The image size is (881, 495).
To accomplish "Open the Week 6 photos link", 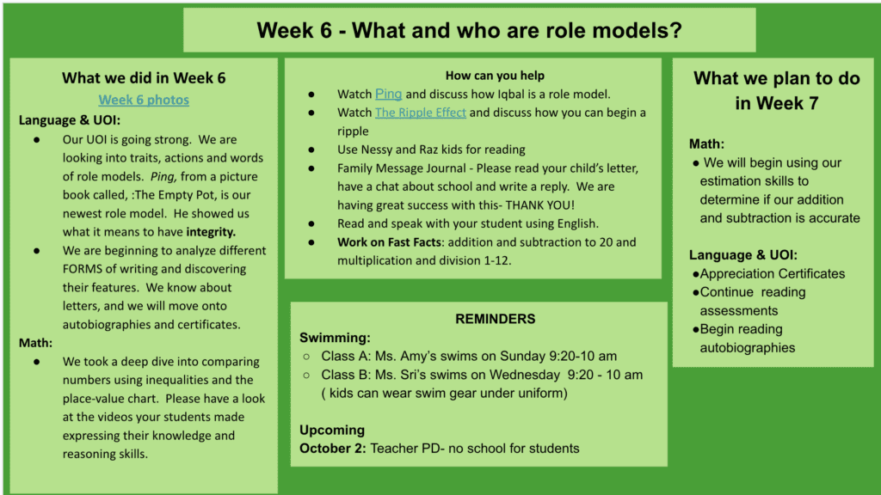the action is pos(144,100).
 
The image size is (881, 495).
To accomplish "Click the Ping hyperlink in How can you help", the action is pos(388,94).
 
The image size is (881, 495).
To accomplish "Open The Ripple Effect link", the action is pos(420,113).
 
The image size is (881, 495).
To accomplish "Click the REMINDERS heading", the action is pos(495,319).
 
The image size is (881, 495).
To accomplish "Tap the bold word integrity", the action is pos(211,232).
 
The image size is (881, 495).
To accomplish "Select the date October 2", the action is pos(333,449).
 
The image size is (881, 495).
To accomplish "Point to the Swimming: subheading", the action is pos(335,338).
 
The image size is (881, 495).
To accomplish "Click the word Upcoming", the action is pos(332,430).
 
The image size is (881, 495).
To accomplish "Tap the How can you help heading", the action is pos(495,76).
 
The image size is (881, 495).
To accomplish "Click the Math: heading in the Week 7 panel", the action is pos(707,144).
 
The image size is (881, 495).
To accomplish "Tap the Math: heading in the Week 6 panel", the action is pos(35,343).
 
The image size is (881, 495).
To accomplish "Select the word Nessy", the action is pos(378,150).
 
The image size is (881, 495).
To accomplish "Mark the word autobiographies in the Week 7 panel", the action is pos(748,348).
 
